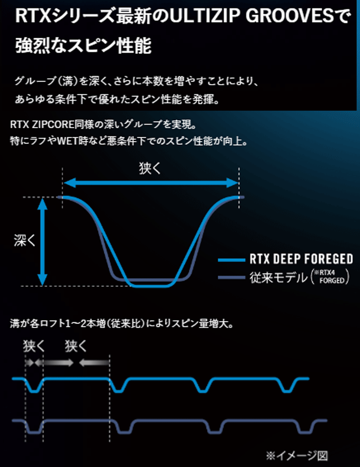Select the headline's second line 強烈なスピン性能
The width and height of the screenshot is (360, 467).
point(84,45)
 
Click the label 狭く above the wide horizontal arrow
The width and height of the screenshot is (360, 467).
point(150,168)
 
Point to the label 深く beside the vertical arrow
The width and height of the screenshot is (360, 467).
point(25,240)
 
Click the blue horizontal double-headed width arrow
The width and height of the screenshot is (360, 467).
point(151,183)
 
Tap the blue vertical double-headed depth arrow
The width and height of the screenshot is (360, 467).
point(43,241)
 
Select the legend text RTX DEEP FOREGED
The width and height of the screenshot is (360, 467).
point(301,259)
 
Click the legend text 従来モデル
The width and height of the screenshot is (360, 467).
point(279,278)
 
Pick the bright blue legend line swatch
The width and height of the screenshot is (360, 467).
point(231,260)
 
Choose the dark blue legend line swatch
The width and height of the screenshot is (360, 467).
point(231,278)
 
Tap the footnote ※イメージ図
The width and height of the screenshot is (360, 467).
point(297,455)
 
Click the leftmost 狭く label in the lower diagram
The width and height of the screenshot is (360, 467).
point(34,347)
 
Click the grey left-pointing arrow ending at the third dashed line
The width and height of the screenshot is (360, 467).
point(94,363)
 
